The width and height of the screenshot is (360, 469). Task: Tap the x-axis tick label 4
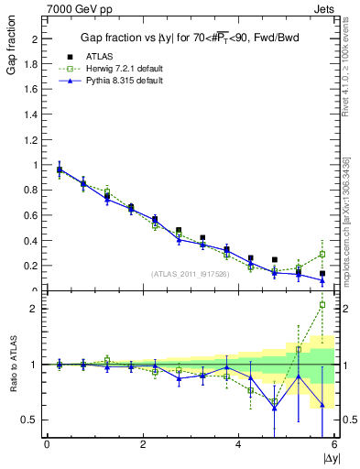[x=238, y=444]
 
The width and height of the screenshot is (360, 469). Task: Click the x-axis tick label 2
[x=143, y=444]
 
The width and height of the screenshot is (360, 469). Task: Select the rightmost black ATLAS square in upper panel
[x=322, y=273]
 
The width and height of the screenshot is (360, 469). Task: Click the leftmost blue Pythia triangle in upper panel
[x=60, y=169]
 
